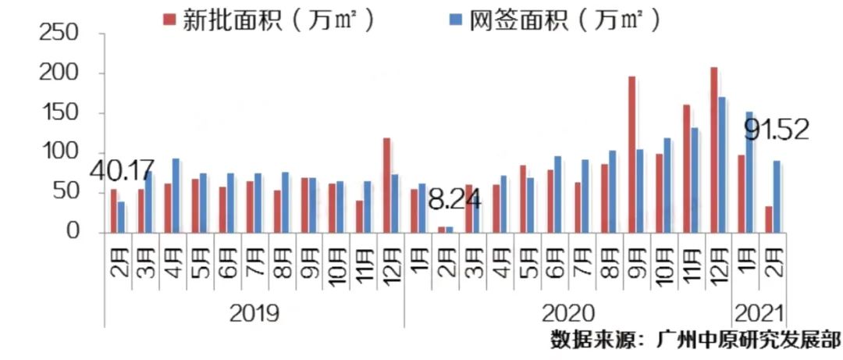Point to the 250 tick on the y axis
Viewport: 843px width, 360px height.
click(59, 34)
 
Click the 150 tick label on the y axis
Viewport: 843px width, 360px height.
click(59, 113)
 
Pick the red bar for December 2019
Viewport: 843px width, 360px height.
click(386, 185)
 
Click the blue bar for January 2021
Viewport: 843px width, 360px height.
click(749, 172)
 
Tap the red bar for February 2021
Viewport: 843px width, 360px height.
click(769, 219)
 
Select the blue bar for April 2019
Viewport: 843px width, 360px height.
click(176, 195)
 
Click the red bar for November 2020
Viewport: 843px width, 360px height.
click(687, 168)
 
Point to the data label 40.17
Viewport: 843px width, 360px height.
click(122, 169)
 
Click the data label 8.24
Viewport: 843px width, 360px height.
click(454, 201)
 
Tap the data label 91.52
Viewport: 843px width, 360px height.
click(776, 129)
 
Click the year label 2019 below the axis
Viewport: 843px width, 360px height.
click(254, 314)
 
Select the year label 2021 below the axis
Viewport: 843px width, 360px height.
click(759, 314)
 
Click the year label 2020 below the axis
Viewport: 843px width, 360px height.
click(567, 314)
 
